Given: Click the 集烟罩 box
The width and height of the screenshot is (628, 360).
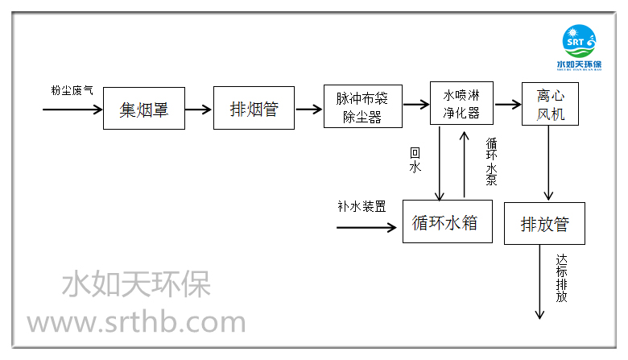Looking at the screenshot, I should click(x=143, y=108).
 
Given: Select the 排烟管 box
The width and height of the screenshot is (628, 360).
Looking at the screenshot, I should click(x=254, y=108).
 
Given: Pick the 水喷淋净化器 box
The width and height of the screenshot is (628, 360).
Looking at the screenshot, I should click(x=461, y=103).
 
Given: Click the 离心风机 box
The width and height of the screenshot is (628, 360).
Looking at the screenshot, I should click(x=551, y=104).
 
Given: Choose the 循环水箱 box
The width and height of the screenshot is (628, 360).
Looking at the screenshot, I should click(x=444, y=221).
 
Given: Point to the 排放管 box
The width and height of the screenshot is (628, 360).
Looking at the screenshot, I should click(x=544, y=224).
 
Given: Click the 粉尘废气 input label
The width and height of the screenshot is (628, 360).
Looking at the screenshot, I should click(x=72, y=90).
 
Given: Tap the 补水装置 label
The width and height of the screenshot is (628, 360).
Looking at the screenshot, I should click(x=361, y=205).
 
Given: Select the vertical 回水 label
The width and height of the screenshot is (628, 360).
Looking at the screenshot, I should click(x=415, y=160).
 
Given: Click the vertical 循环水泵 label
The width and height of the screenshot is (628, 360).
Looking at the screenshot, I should click(x=490, y=161).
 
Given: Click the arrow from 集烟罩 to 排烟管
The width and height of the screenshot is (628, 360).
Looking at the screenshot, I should click(x=199, y=108).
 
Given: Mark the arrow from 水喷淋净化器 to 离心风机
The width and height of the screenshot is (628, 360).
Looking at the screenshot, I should click(x=507, y=104).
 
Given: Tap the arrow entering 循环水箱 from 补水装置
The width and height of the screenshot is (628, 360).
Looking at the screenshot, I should click(x=370, y=226).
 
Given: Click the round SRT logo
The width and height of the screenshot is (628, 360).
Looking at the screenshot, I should click(x=576, y=40).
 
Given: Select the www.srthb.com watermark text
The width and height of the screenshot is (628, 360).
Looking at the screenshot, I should click(x=136, y=322).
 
